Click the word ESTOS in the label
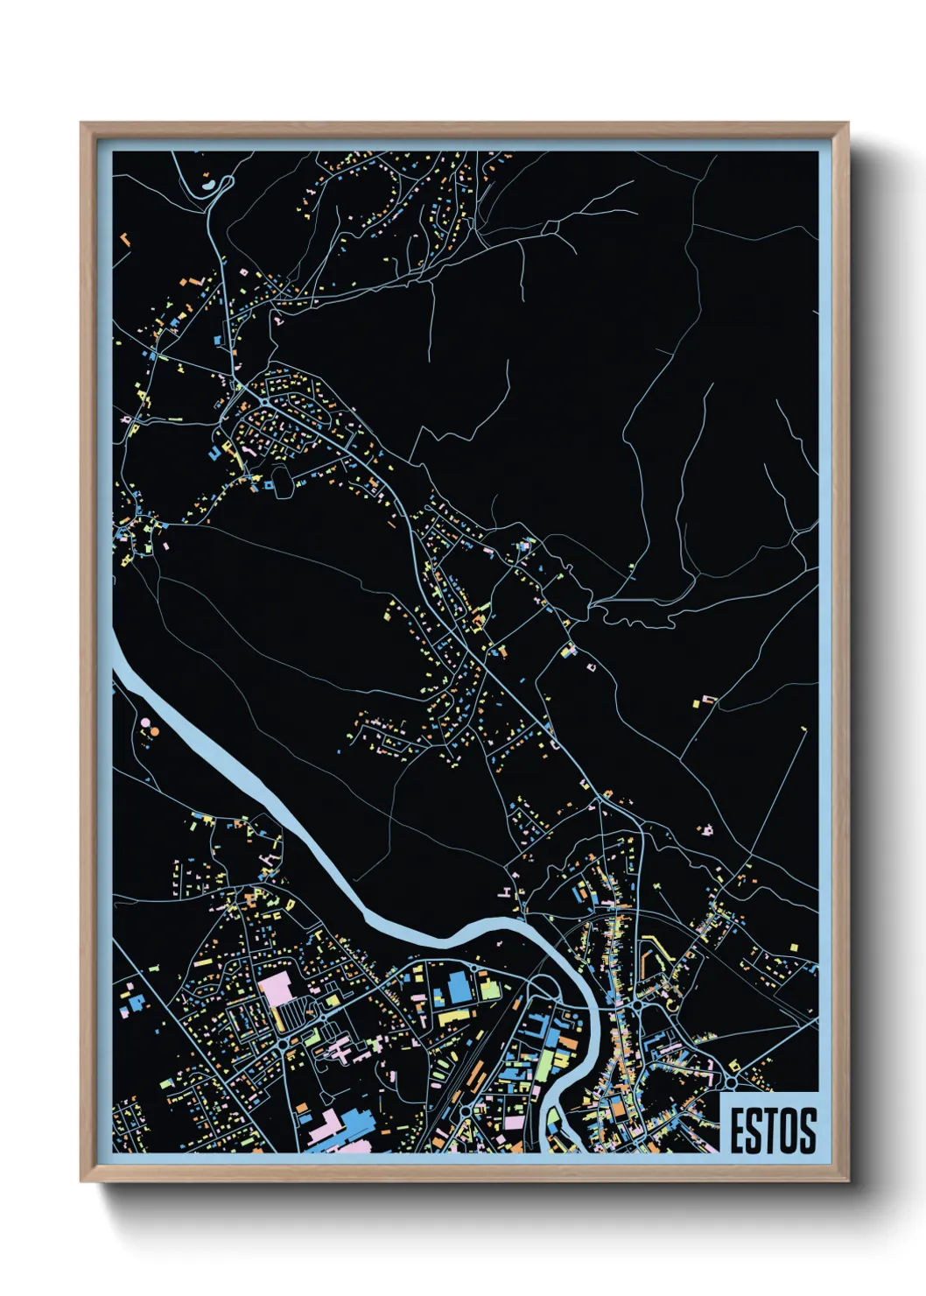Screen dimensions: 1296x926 773,1130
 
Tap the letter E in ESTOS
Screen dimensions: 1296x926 739,1130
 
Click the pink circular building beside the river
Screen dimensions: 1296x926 145,722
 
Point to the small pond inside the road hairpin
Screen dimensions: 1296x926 207,184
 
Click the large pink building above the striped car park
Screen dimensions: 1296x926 275,987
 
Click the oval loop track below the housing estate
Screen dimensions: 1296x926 282,482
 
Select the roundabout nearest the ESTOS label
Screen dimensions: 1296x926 730,1083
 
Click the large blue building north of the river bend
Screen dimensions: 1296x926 459,987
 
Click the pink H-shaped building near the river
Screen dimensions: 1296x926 505,891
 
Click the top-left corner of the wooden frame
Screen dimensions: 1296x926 82,124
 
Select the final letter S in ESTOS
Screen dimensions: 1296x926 807,1130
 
